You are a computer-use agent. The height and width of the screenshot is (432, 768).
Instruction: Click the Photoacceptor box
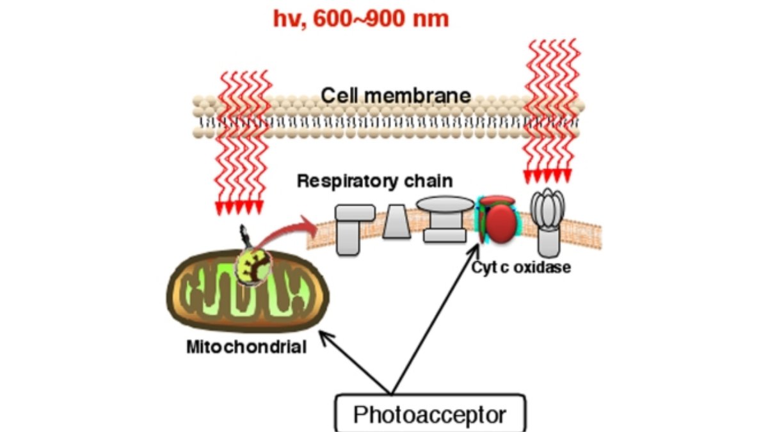click(x=429, y=414)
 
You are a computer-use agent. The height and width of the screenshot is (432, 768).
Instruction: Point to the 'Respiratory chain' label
click(x=374, y=181)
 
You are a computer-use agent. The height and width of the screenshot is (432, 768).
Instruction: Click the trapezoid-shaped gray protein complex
click(x=396, y=222)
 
